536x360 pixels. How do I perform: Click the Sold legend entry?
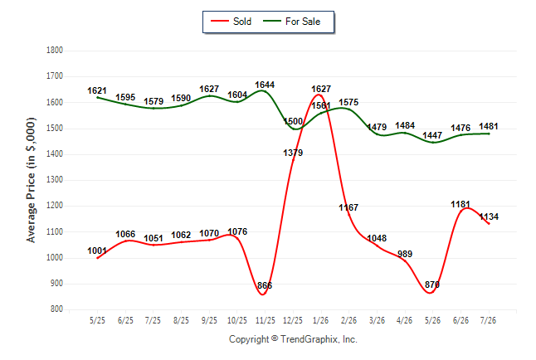(x=231, y=22)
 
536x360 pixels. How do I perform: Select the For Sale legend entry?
(x=292, y=22)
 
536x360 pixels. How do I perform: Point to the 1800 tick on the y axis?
(x=55, y=51)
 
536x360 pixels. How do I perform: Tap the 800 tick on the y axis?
(x=56, y=309)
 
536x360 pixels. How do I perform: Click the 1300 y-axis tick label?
(x=55, y=180)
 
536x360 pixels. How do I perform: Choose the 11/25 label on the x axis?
(x=265, y=320)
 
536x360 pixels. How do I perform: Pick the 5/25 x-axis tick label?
(x=97, y=320)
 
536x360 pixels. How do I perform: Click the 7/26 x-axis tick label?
(x=488, y=320)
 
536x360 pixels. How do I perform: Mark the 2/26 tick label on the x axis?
(x=348, y=320)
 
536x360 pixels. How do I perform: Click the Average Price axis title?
(x=31, y=180)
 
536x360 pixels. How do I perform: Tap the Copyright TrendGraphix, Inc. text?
(x=293, y=339)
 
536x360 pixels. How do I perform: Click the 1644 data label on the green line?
(x=265, y=85)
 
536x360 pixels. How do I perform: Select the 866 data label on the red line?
(x=265, y=285)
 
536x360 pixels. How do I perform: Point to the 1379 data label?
(x=293, y=153)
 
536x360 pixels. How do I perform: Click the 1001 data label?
(x=97, y=251)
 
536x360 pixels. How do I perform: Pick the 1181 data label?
(x=460, y=204)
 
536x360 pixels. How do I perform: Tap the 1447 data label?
(x=432, y=136)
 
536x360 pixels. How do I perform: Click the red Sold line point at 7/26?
(x=489, y=224)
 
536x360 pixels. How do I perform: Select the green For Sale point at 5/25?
(x=97, y=97)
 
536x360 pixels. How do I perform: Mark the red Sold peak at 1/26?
(x=319, y=95)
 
